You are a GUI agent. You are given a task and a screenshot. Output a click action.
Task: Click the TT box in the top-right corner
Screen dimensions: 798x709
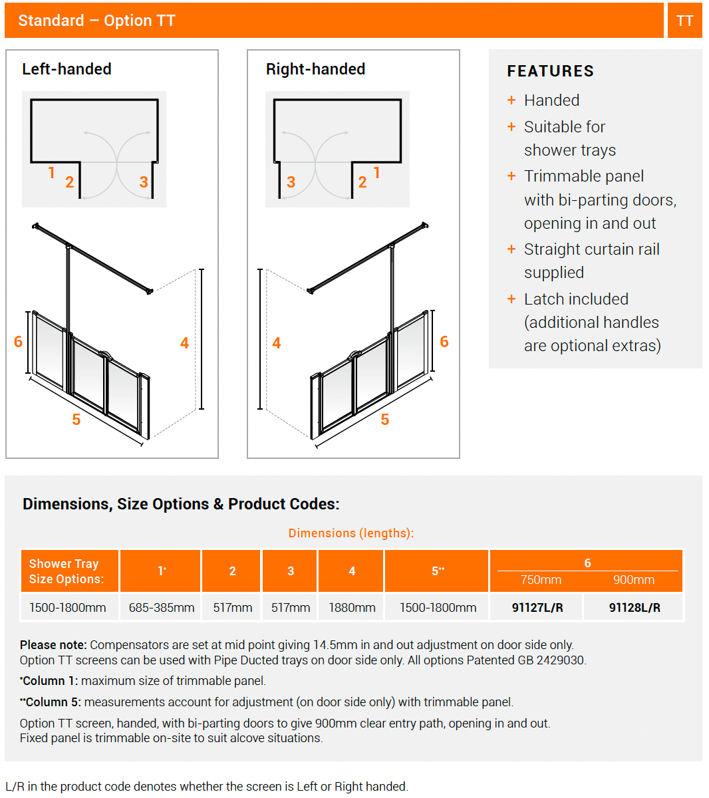click(684, 21)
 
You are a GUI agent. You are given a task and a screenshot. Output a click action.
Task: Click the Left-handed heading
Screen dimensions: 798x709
click(67, 69)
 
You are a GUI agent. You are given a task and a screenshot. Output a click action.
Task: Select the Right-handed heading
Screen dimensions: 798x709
click(315, 69)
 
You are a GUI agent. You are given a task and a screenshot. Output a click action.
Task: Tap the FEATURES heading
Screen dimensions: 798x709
click(550, 71)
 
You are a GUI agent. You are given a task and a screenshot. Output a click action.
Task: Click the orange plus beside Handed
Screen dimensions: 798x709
click(511, 100)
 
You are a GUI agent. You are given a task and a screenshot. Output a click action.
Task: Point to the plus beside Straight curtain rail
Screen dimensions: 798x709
click(511, 249)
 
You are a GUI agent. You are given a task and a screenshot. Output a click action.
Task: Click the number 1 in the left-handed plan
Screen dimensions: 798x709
click(51, 173)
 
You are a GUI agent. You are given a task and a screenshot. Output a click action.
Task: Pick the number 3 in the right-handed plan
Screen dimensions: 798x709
click(291, 182)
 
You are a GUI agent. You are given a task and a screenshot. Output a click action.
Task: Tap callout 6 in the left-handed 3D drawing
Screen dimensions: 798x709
click(18, 342)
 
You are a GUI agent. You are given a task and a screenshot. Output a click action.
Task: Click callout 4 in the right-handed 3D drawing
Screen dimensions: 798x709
click(277, 343)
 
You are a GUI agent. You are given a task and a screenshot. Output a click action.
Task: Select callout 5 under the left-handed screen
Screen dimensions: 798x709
click(76, 420)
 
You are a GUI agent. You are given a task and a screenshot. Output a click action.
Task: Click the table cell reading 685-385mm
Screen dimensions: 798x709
click(162, 608)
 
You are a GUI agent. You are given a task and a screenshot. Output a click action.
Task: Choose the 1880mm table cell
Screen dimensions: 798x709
click(352, 608)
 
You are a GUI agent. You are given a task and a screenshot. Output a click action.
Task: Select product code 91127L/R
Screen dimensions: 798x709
click(537, 608)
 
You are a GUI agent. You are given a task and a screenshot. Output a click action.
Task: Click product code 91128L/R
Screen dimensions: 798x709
click(635, 608)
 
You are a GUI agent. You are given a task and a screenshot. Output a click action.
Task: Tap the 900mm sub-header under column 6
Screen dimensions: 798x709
click(633, 580)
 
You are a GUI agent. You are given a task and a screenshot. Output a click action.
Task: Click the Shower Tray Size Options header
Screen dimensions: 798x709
click(67, 571)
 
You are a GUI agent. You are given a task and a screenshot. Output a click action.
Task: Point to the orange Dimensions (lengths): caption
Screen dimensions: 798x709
click(351, 533)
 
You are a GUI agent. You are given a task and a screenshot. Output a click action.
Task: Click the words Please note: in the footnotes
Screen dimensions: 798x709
click(53, 645)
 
